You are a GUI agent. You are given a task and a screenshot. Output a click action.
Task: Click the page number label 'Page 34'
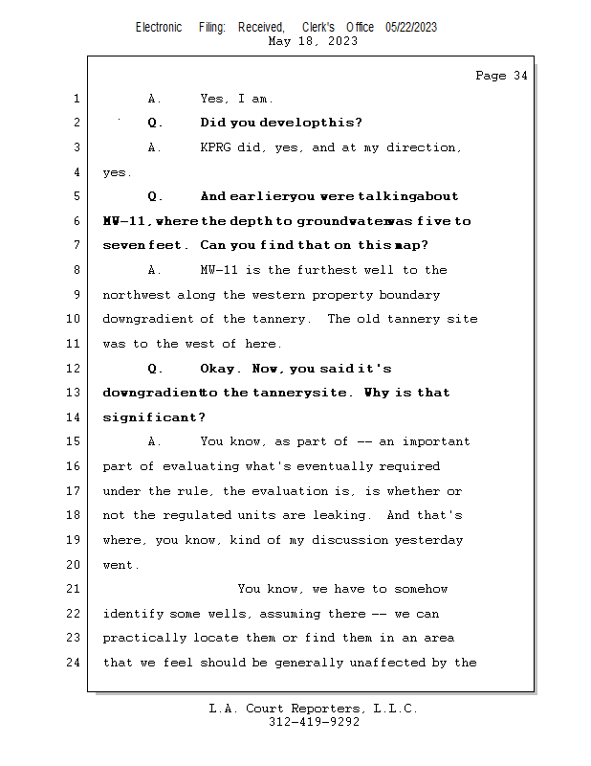point(501,76)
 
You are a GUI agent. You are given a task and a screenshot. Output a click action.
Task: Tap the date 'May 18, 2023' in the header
point(314,41)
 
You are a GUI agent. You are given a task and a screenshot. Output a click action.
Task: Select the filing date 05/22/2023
point(411,27)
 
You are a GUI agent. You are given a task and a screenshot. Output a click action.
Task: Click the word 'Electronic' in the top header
point(159,27)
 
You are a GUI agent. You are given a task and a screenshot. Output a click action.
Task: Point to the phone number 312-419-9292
point(314,722)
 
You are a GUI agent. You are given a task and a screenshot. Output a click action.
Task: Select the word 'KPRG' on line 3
point(219,147)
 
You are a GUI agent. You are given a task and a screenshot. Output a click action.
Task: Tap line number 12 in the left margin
point(75,369)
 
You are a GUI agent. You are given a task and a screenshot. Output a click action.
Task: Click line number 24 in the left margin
point(75,663)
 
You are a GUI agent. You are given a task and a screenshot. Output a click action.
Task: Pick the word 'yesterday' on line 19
point(429,540)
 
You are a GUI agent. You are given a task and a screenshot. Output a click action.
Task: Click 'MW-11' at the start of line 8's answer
point(219,270)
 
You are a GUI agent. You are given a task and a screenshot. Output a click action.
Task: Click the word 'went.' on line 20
point(121,565)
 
